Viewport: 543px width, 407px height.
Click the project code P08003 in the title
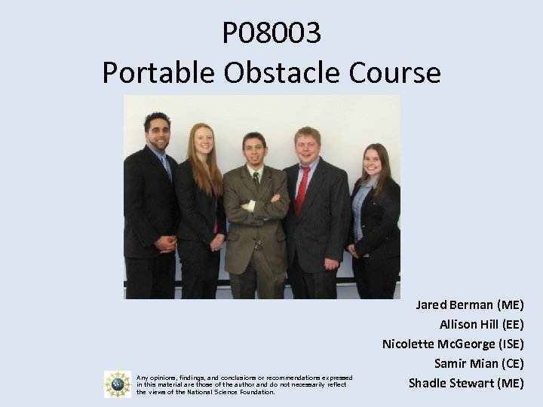[271, 32]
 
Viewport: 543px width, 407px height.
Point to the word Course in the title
[396, 72]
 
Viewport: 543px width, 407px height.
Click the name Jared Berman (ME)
[469, 305]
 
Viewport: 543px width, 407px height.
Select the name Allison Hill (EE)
[481, 325]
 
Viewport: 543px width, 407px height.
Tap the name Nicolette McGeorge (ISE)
[452, 344]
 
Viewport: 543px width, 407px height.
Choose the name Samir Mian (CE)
[479, 364]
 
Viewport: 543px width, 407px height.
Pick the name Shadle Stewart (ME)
[466, 384]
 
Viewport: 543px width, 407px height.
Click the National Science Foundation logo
[118, 384]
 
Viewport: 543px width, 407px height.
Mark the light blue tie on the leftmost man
[166, 166]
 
